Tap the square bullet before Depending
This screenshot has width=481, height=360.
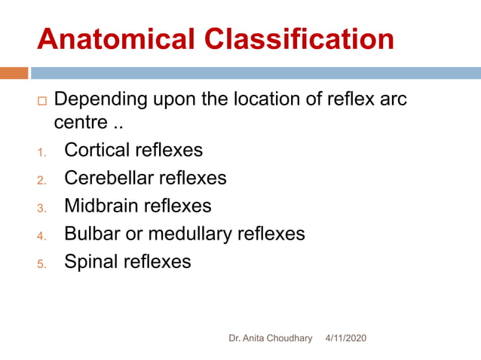41,100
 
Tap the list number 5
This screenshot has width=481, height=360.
41,264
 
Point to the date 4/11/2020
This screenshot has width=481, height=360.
345,339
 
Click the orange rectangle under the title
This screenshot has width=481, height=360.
14,73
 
